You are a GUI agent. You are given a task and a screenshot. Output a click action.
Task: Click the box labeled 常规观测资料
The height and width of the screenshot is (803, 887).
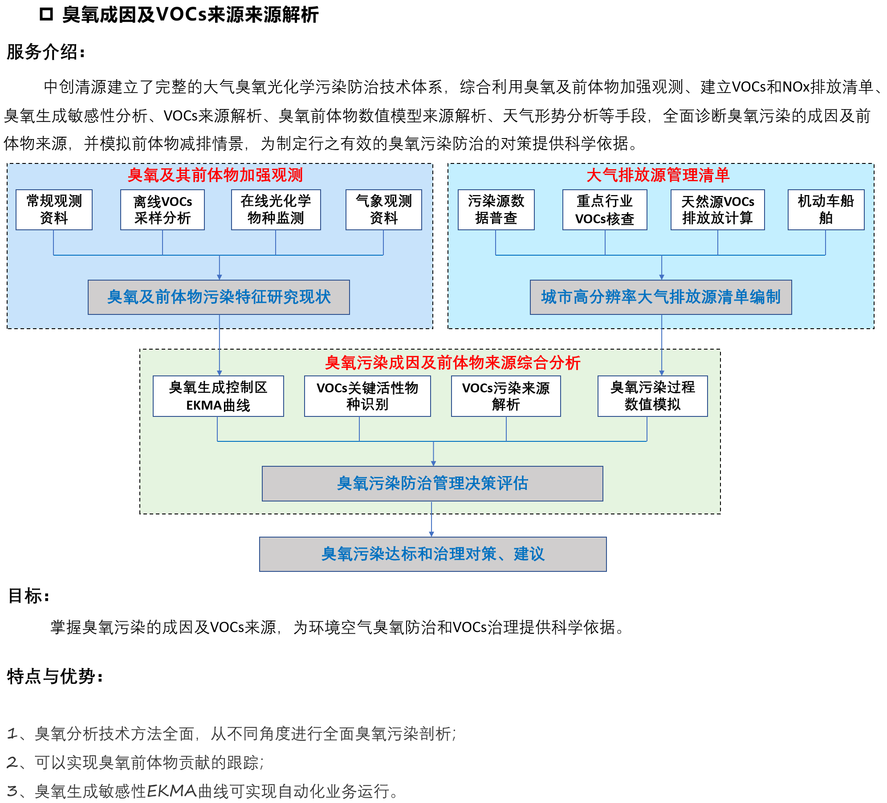click(54, 210)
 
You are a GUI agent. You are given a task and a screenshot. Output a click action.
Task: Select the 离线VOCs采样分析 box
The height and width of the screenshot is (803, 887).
click(163, 210)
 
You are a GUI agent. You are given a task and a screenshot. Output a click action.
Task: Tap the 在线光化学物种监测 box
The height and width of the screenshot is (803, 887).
click(276, 210)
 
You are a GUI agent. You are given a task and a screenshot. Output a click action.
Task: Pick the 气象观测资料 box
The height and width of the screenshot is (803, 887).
click(383, 210)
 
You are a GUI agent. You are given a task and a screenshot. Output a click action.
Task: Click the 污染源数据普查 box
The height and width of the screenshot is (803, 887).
click(496, 210)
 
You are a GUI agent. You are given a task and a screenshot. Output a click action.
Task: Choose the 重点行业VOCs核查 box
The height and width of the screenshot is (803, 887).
click(605, 210)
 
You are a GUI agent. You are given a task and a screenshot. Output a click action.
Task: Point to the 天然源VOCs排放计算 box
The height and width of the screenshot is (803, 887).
click(717, 210)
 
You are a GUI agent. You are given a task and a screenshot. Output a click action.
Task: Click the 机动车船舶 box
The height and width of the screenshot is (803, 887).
click(826, 210)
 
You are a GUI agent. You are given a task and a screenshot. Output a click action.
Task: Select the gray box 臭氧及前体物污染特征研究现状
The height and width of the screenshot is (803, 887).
click(219, 297)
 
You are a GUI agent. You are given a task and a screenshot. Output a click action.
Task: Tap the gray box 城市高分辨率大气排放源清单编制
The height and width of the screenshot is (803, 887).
click(661, 297)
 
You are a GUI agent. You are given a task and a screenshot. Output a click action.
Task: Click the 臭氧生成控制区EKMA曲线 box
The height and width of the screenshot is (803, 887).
click(218, 396)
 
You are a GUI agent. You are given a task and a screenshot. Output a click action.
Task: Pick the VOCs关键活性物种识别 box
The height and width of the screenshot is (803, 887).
click(367, 396)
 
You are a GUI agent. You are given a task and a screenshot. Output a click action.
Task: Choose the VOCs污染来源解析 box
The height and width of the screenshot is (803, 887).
click(506, 396)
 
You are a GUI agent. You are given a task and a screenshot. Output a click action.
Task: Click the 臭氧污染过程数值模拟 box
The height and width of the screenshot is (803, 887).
click(652, 396)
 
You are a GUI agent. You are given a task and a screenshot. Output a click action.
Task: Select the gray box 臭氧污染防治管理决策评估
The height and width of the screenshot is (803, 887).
click(432, 483)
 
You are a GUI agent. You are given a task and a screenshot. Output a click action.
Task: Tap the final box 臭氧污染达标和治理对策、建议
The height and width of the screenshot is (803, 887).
click(433, 554)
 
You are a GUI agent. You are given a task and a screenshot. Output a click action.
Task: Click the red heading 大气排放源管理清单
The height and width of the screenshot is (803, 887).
click(658, 175)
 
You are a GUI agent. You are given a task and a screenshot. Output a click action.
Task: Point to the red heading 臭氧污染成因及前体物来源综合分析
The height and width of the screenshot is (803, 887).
click(452, 363)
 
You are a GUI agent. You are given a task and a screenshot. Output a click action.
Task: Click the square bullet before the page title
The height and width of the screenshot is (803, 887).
click(46, 15)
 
